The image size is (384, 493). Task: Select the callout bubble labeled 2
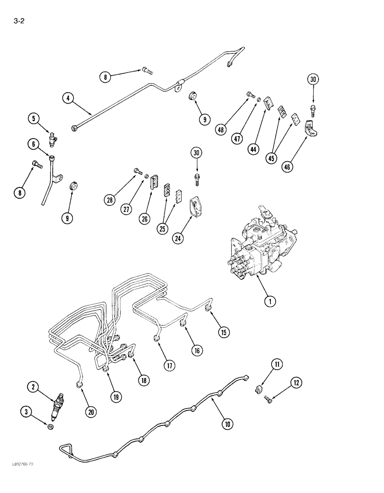pyautogui.click(x=34, y=388)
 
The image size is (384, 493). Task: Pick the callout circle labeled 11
pyautogui.click(x=277, y=365)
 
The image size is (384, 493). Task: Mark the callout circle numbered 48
pyautogui.click(x=221, y=130)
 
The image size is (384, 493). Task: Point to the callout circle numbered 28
pyautogui.click(x=110, y=199)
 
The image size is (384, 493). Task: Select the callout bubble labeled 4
pyautogui.click(x=68, y=98)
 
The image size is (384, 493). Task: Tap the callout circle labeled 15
pyautogui.click(x=224, y=333)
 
